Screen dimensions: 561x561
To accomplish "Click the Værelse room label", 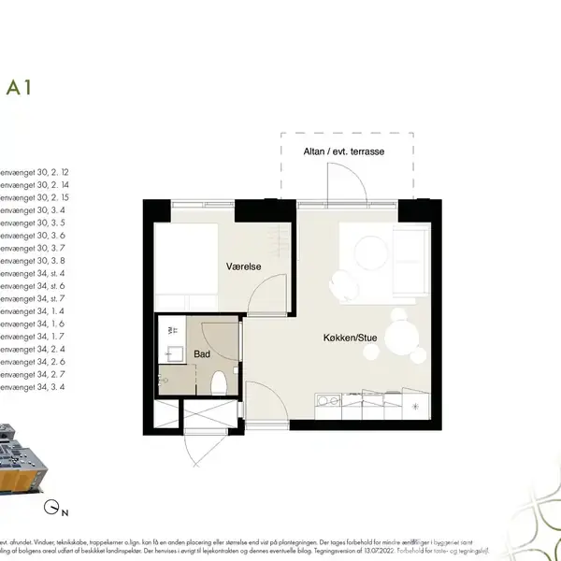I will click(x=243, y=266).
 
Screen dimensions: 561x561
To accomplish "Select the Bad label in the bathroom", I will click(x=202, y=354).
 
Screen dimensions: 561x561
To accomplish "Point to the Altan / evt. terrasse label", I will click(x=345, y=151).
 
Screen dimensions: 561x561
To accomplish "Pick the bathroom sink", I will click(x=172, y=354).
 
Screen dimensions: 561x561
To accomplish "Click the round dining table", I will click(x=404, y=333).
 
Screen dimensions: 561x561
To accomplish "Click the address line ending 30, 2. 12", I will click(x=36, y=174).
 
